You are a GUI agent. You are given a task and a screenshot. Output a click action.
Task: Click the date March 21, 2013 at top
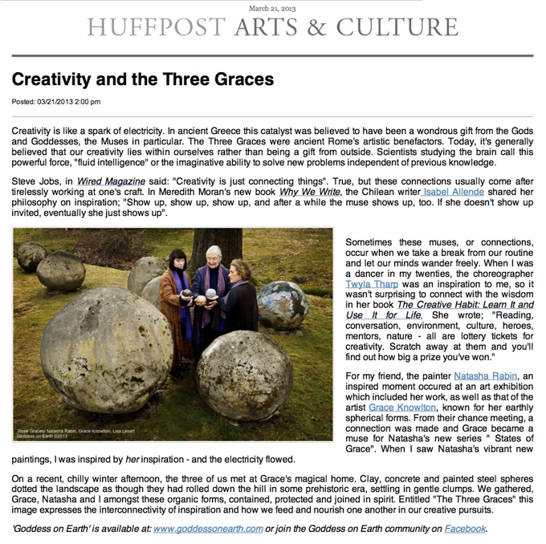[272, 7]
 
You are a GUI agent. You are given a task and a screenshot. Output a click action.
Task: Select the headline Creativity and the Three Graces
[143, 80]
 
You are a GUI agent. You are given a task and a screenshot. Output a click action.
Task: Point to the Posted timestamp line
[56, 102]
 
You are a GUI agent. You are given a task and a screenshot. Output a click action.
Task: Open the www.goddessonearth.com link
[208, 529]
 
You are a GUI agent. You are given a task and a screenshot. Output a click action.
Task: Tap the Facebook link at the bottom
[466, 529]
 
